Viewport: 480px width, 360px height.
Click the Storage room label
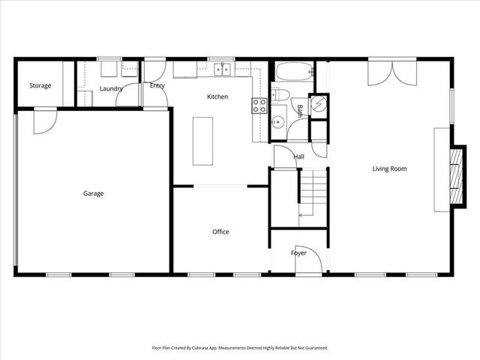pyautogui.click(x=40, y=85)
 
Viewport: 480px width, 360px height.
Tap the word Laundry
pyautogui.click(x=111, y=89)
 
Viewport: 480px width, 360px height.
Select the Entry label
pyautogui.click(x=157, y=85)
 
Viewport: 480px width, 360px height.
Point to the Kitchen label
pyautogui.click(x=217, y=97)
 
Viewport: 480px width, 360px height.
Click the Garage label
pyautogui.click(x=93, y=193)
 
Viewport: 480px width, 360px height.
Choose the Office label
pyautogui.click(x=220, y=232)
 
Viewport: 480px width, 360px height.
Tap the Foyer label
pyautogui.click(x=298, y=253)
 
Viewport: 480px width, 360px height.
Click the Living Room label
pyautogui.click(x=389, y=169)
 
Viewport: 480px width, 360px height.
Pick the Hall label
pyautogui.click(x=298, y=157)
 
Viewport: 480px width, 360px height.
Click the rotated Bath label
pyautogui.click(x=299, y=111)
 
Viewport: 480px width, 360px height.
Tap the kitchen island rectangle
pyautogui.click(x=202, y=141)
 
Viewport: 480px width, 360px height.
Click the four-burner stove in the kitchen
pyautogui.click(x=259, y=106)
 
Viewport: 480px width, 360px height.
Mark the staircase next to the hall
pyautogui.click(x=313, y=193)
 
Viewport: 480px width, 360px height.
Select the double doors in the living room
pyautogui.click(x=390, y=73)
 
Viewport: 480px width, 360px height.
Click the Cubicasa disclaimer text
pyautogui.click(x=239, y=348)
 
